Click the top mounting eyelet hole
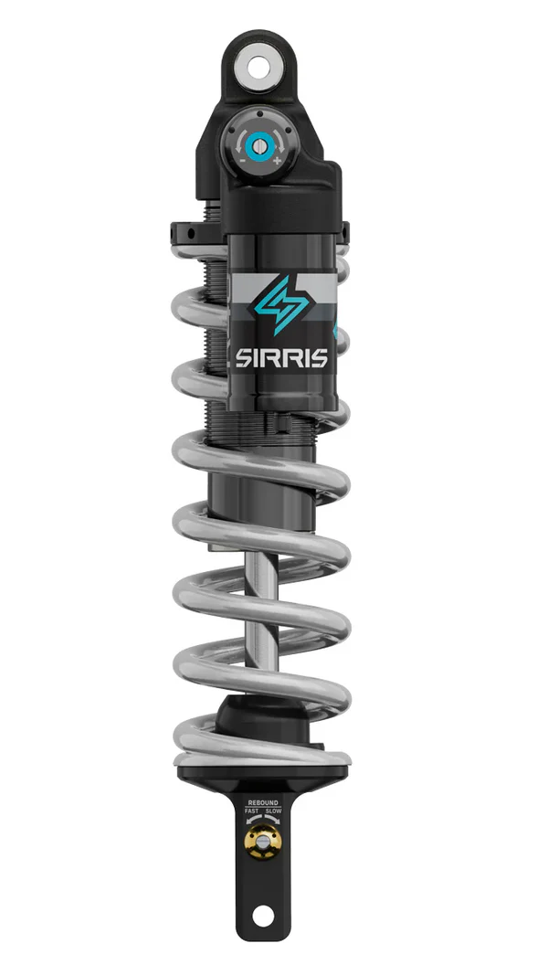(259, 66)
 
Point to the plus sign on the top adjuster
(277, 161)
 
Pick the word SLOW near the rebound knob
(274, 811)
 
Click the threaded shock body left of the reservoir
(217, 347)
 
